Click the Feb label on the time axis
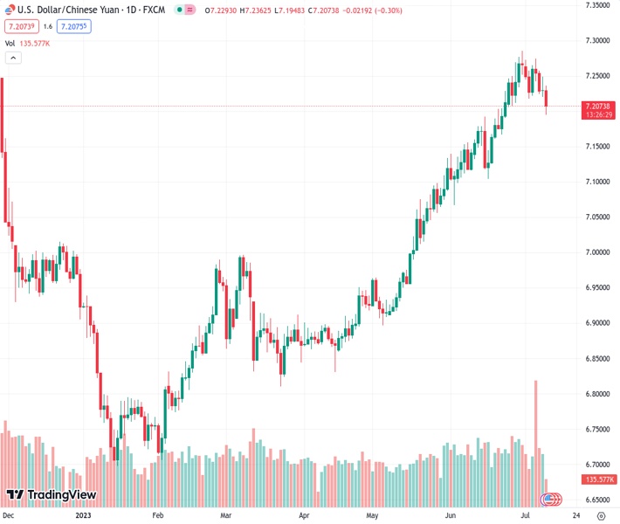(157, 516)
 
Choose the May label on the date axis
(372, 516)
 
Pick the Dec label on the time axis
(8, 516)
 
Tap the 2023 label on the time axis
(83, 516)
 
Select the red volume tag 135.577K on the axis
(598, 479)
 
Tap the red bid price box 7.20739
(19, 26)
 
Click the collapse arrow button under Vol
(13, 58)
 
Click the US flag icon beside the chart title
(10, 10)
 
